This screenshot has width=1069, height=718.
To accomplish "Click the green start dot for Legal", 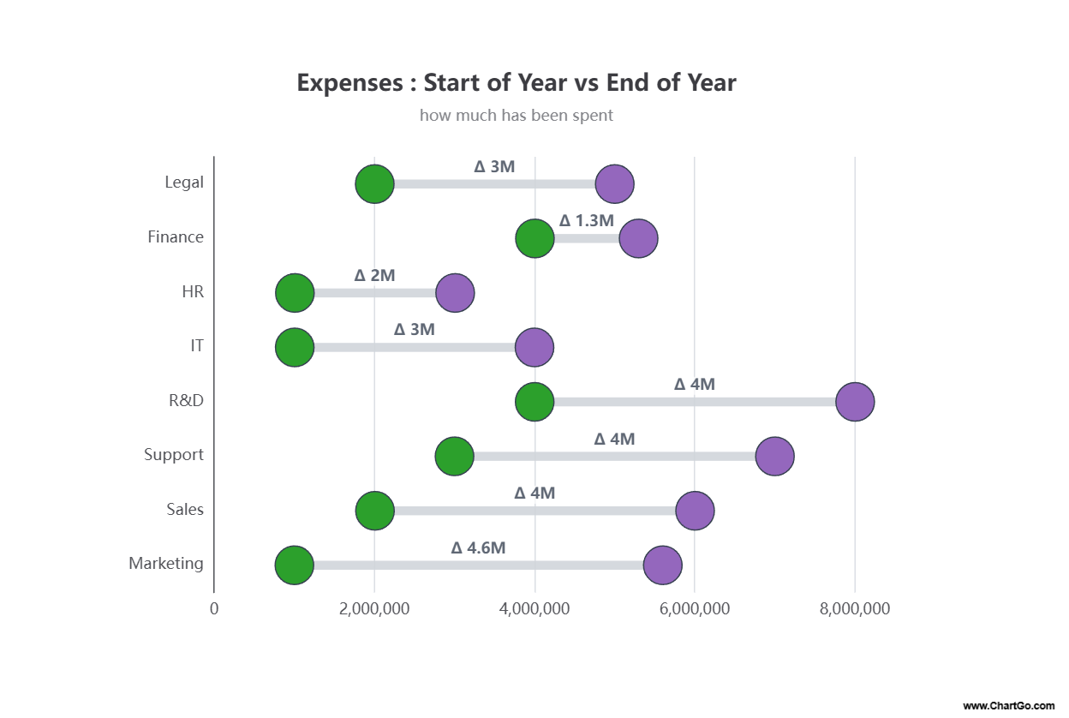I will point(374,183).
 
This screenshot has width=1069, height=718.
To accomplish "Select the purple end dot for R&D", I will point(855,402).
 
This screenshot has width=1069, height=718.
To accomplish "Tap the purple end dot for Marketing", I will point(662,565).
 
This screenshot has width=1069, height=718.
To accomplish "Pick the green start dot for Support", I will point(455,457).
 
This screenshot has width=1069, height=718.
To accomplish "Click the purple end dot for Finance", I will point(638,238).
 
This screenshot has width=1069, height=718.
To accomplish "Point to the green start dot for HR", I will point(295,293).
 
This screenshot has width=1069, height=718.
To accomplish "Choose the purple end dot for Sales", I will point(695,511).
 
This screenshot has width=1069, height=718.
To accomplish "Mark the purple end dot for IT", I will point(534,347).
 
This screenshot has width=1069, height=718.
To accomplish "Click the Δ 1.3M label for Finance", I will point(587,220).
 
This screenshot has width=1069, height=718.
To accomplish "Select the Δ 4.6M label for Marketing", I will point(478,547).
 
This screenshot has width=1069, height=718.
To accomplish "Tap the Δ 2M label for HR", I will point(374,275).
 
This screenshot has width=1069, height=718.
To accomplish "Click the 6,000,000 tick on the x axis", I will point(694,609).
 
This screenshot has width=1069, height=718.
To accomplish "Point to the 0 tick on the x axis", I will point(214,609).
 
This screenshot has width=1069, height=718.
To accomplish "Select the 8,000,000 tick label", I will point(854,609).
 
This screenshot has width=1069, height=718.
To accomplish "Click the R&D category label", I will point(186,400).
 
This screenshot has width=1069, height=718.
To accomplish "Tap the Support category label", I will point(174,454).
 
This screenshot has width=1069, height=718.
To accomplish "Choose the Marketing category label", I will point(166,563).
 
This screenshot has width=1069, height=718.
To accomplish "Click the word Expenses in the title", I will point(349,82).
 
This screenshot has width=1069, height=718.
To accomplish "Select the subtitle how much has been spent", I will point(517,115).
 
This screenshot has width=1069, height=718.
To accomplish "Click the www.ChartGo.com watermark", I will point(1008,706).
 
